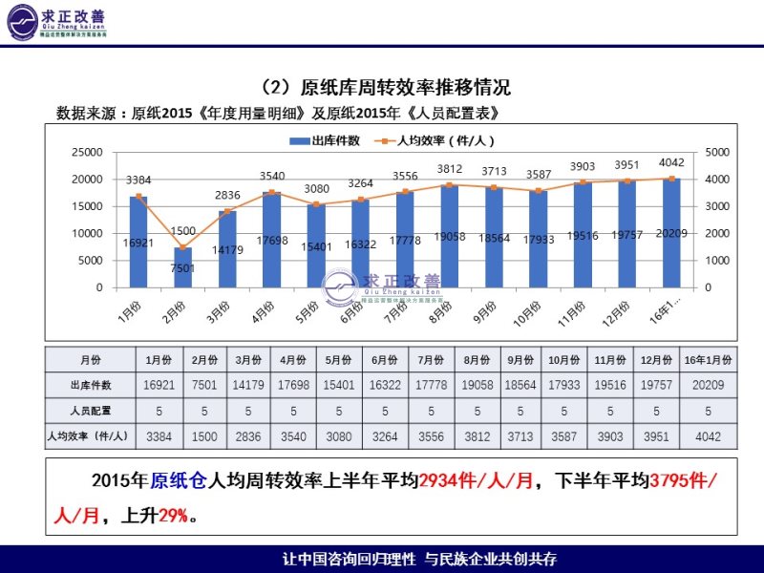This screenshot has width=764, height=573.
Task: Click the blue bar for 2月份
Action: tap(183, 267)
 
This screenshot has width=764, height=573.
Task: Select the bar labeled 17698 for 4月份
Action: tap(272, 240)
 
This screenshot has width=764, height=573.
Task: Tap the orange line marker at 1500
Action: tap(183, 247)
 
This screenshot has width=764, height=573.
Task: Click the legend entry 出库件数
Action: tap(326, 140)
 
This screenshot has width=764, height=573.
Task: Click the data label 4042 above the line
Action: tap(672, 162)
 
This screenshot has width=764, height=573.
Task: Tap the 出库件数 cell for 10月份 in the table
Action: tap(564, 385)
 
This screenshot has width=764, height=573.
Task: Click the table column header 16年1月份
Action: tap(708, 360)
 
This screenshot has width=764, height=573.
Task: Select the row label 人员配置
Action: tap(91, 411)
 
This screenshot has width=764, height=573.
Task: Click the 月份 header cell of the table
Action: tap(91, 360)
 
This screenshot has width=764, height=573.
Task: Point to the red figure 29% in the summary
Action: tap(172, 517)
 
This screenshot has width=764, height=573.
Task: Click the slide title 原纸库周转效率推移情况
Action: tap(405, 88)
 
